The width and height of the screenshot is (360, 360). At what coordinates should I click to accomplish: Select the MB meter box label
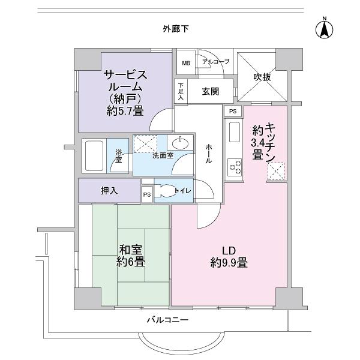pyautogui.click(x=186, y=62)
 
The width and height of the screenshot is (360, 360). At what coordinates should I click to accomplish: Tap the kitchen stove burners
pyautogui.click(x=233, y=166)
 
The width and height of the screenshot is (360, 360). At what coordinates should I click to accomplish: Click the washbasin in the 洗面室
pyautogui.click(x=178, y=144)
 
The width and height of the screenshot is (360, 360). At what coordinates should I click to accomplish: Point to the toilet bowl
pyautogui.click(x=164, y=191)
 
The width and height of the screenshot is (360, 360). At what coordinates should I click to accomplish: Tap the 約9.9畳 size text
pyautogui.click(x=229, y=262)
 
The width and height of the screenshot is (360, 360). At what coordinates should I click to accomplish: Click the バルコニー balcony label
pyautogui.click(x=167, y=320)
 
